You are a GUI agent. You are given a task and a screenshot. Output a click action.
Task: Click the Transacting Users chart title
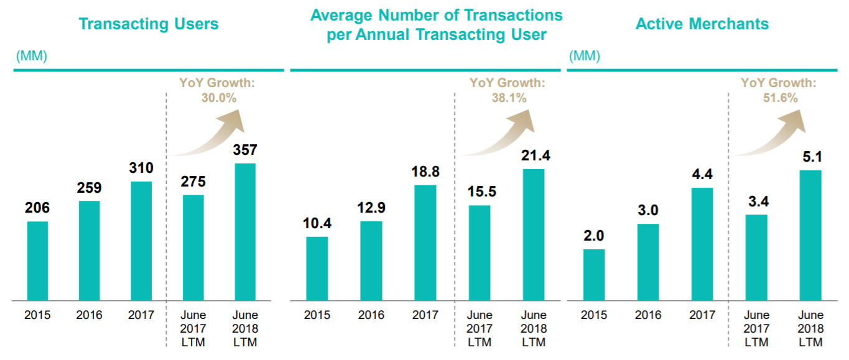point(149,24)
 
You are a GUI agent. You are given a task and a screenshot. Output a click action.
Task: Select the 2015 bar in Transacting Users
point(37,261)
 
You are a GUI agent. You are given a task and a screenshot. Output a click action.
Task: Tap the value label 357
point(244,150)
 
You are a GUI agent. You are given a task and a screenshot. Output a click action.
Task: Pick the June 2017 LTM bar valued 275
point(193,248)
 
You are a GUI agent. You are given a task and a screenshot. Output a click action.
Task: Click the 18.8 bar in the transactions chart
point(425,243)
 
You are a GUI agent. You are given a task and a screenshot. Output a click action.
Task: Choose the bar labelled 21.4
point(534,235)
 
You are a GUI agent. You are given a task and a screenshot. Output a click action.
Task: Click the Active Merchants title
point(702,24)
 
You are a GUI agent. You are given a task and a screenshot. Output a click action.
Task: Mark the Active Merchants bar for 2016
point(647,262)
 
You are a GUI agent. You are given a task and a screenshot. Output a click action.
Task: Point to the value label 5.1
point(810,157)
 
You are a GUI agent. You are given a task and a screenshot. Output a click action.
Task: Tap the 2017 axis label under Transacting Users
point(141,315)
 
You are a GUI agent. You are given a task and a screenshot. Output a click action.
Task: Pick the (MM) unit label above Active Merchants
point(585,57)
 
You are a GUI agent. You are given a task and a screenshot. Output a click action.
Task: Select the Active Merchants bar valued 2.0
point(593,275)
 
